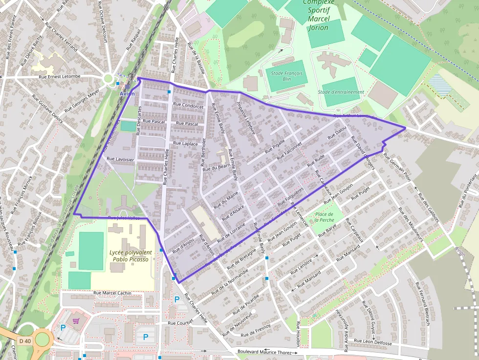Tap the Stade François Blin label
pos(287,76)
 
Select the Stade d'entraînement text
pos(341,92)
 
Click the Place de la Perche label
pos(325,217)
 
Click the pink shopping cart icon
pos(76,321)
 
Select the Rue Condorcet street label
pos(188,106)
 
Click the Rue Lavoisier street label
pos(120,159)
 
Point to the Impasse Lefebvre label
pos(248,117)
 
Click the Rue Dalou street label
pos(337,132)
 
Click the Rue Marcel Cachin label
pos(112,293)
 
